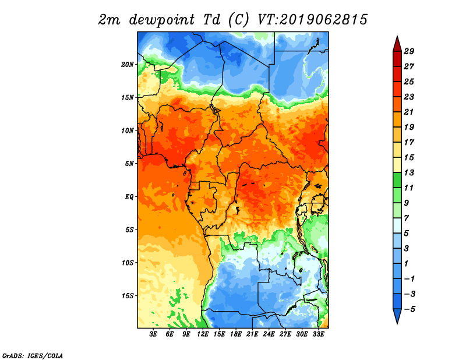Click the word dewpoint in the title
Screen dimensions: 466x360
(162, 20)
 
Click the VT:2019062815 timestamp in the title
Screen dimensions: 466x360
(312, 20)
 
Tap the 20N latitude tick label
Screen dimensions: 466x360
(128, 65)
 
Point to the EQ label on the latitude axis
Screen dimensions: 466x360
(129, 197)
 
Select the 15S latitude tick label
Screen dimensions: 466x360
(128, 296)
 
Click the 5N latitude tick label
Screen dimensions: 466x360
(129, 164)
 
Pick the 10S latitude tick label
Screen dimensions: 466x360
(128, 263)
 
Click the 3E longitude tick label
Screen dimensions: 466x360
(153, 334)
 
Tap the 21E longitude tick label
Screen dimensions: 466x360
(252, 334)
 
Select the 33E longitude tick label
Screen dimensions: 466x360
(318, 334)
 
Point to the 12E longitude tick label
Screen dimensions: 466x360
(203, 334)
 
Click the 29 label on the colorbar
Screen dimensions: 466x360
(409, 51)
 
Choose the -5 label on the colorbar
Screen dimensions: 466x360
(409, 309)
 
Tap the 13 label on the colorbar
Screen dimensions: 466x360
(409, 172)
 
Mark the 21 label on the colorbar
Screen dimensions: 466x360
(409, 112)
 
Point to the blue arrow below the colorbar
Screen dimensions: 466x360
(397, 316)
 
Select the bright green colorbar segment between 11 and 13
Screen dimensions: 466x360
(397, 180)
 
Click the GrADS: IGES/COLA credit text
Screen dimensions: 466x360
(33, 355)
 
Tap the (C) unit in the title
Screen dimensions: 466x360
(238, 20)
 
